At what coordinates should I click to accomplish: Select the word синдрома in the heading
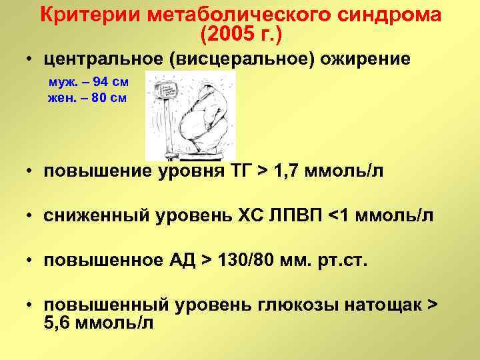tap(386, 15)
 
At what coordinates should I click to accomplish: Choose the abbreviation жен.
tap(62, 97)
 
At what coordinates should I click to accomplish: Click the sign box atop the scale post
tap(160, 90)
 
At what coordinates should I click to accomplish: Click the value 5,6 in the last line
tap(59, 322)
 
